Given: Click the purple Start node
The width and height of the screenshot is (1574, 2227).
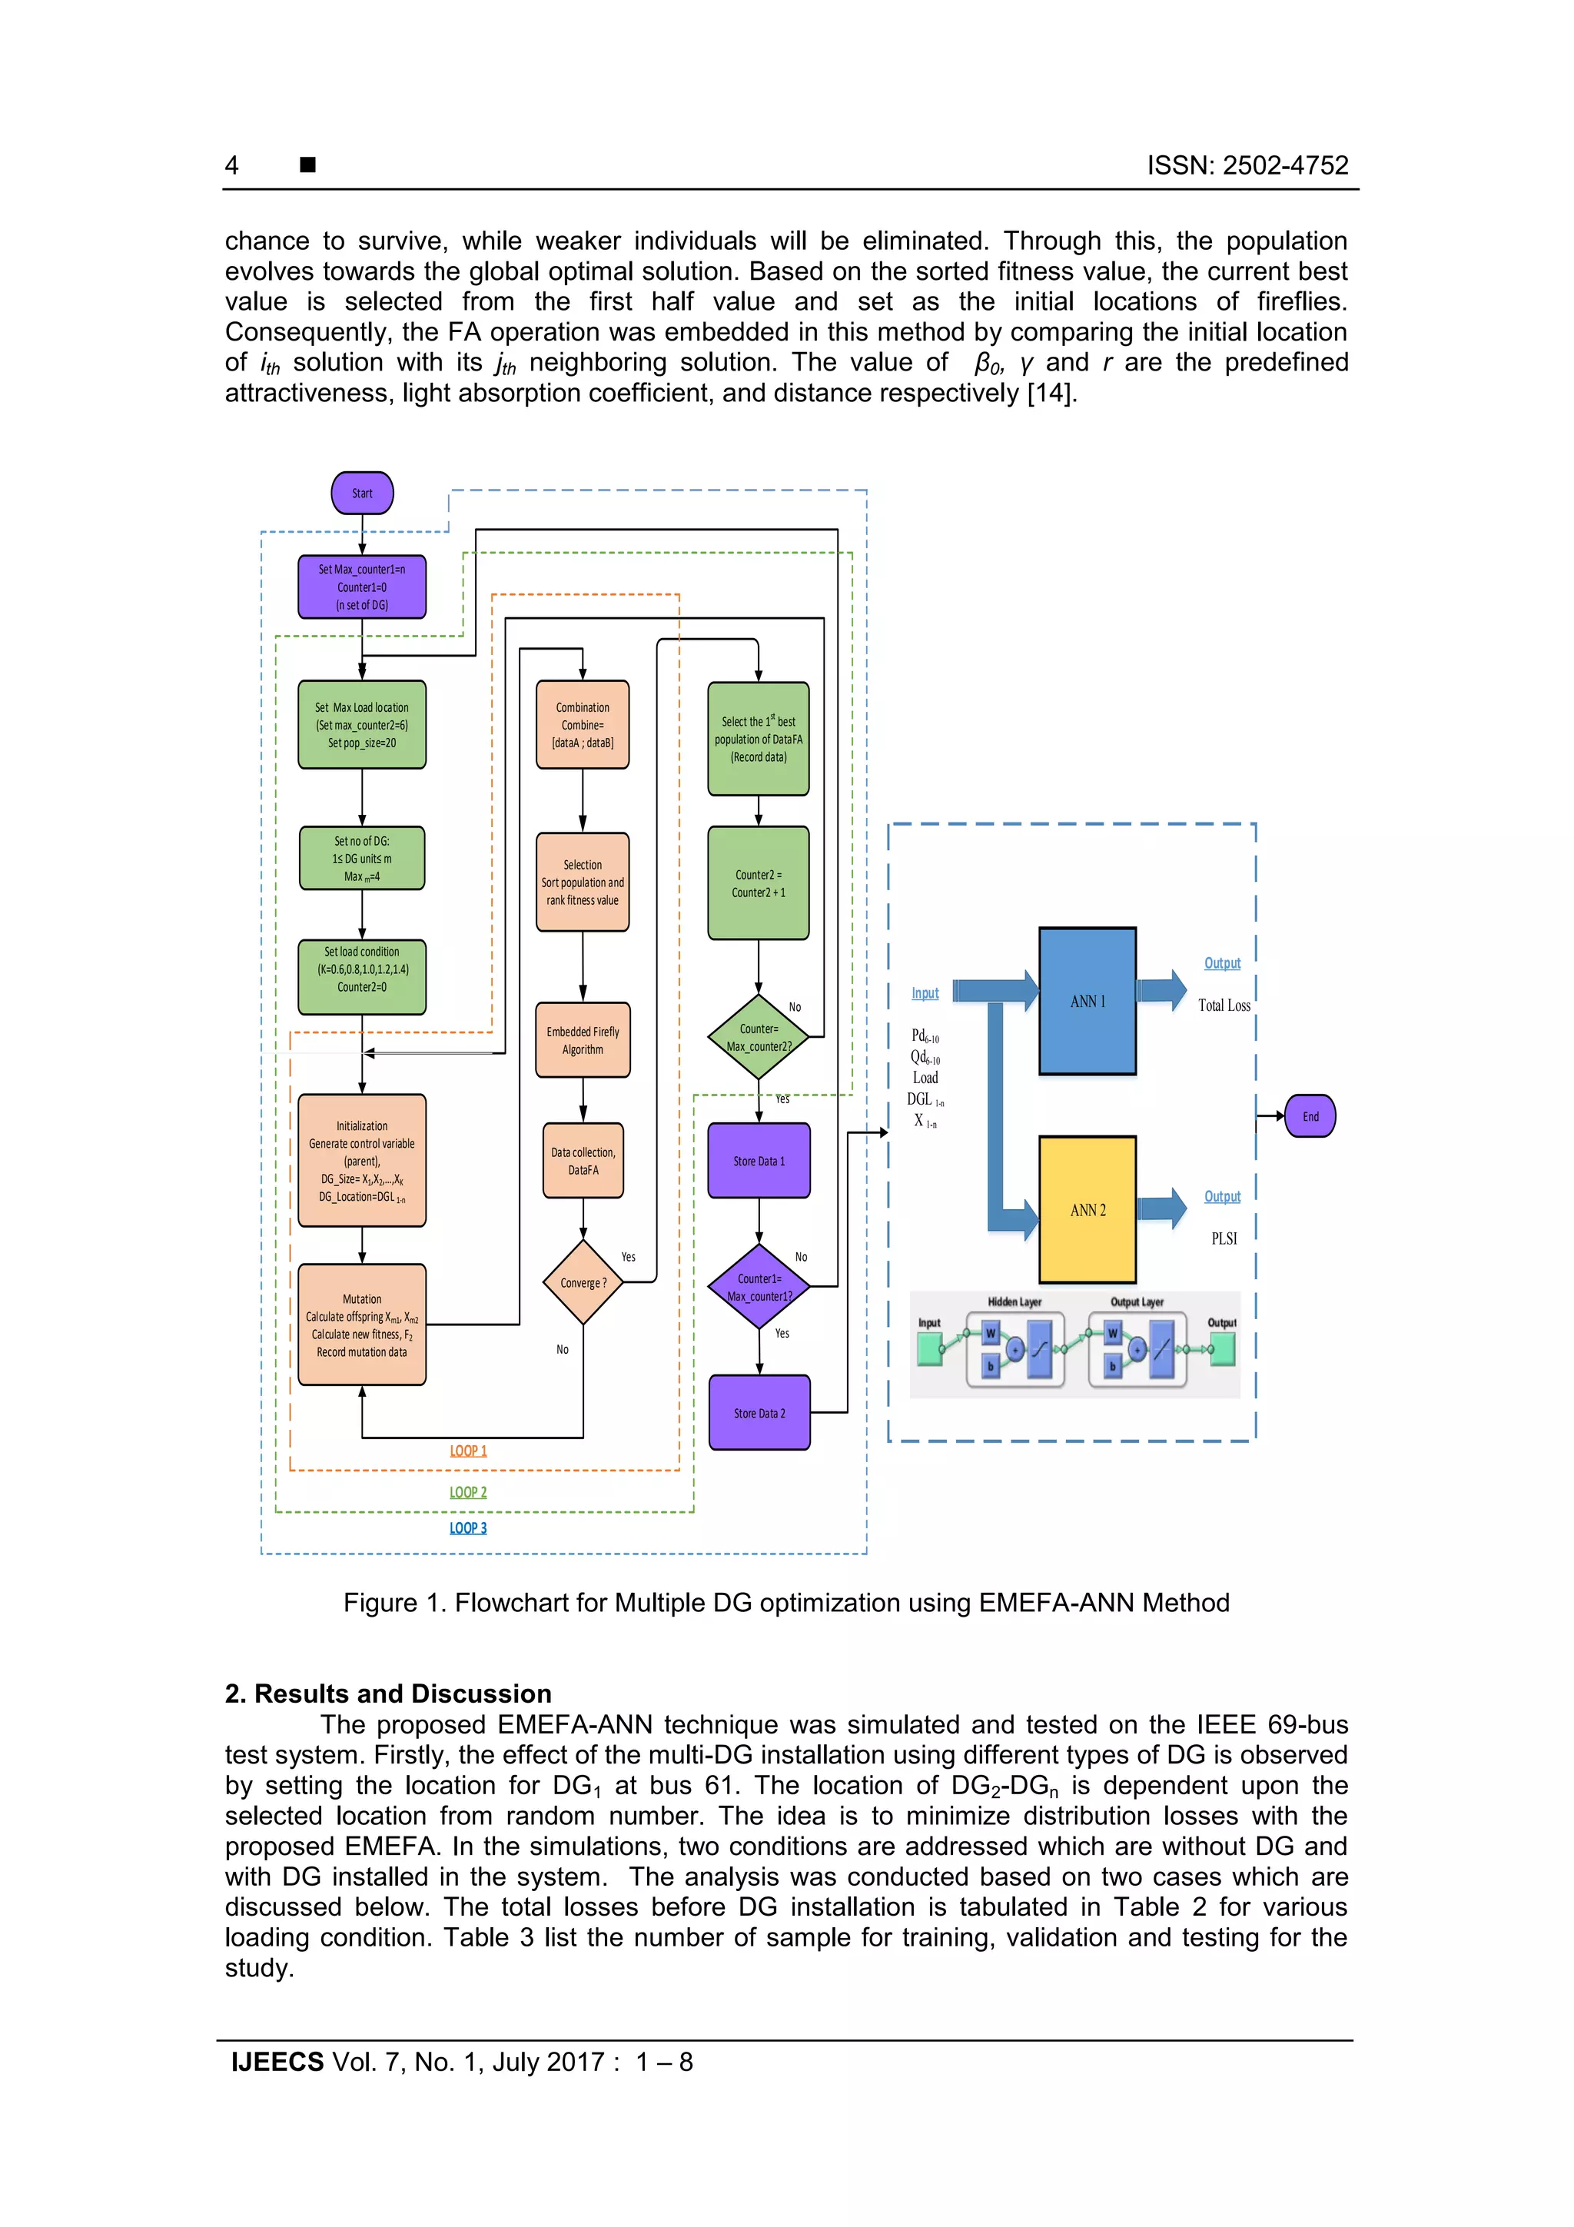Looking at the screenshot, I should click(x=362, y=493).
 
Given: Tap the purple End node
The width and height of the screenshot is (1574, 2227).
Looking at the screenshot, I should click(x=1310, y=1115).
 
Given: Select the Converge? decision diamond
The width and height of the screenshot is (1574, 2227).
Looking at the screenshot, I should click(x=583, y=1282).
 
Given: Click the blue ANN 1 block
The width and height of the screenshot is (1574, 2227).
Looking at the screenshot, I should click(x=1088, y=1001).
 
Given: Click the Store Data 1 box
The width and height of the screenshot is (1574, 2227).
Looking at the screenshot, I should click(x=759, y=1160).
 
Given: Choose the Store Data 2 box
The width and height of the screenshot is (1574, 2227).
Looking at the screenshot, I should click(x=759, y=1412).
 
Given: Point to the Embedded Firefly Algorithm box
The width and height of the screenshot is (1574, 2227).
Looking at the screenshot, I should click(x=583, y=1040).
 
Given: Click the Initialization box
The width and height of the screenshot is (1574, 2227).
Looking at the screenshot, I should click(x=362, y=1160).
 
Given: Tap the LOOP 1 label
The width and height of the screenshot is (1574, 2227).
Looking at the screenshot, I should click(x=468, y=1451).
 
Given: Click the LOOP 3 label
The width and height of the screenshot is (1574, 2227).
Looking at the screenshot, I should click(x=468, y=1527).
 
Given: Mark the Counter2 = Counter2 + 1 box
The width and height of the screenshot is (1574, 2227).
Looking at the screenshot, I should click(x=759, y=882).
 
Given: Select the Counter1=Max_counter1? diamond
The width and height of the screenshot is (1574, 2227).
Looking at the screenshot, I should click(x=759, y=1287).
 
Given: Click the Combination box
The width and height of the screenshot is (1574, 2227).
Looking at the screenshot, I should click(x=583, y=725).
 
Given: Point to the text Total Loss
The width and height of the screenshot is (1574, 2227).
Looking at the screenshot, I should click(x=1223, y=1005).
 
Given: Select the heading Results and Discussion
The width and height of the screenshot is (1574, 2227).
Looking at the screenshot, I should click(x=388, y=1694).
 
